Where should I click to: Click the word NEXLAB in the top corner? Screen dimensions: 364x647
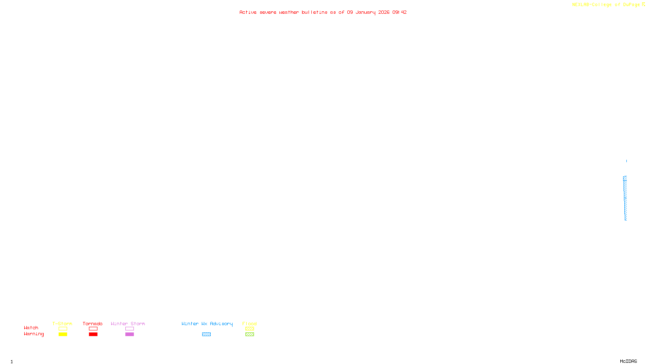point(581,5)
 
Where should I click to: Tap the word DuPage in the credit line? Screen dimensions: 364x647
point(631,5)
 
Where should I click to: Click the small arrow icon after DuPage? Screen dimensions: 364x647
point(643,4)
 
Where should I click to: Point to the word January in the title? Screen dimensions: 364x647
point(366,13)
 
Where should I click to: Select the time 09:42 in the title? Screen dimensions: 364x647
point(400,13)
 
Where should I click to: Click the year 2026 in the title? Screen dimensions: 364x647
point(384,13)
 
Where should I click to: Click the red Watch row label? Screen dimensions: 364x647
point(31,328)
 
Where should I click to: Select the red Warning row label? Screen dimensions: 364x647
point(34,334)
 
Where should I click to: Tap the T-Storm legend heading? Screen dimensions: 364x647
point(62,324)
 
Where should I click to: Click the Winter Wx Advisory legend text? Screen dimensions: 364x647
point(207,324)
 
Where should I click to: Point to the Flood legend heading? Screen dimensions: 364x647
point(249,324)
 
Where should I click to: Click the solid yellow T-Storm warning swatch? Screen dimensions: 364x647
point(63,334)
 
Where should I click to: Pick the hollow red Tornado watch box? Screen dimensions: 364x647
point(93,329)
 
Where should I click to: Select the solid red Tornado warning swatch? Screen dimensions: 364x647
point(93,334)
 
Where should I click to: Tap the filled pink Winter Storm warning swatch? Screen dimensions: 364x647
point(129,334)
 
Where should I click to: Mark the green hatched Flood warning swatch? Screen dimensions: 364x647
point(249,334)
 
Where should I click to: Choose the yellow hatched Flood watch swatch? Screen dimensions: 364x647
point(249,329)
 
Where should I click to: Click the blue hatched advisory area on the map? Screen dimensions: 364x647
point(625,198)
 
